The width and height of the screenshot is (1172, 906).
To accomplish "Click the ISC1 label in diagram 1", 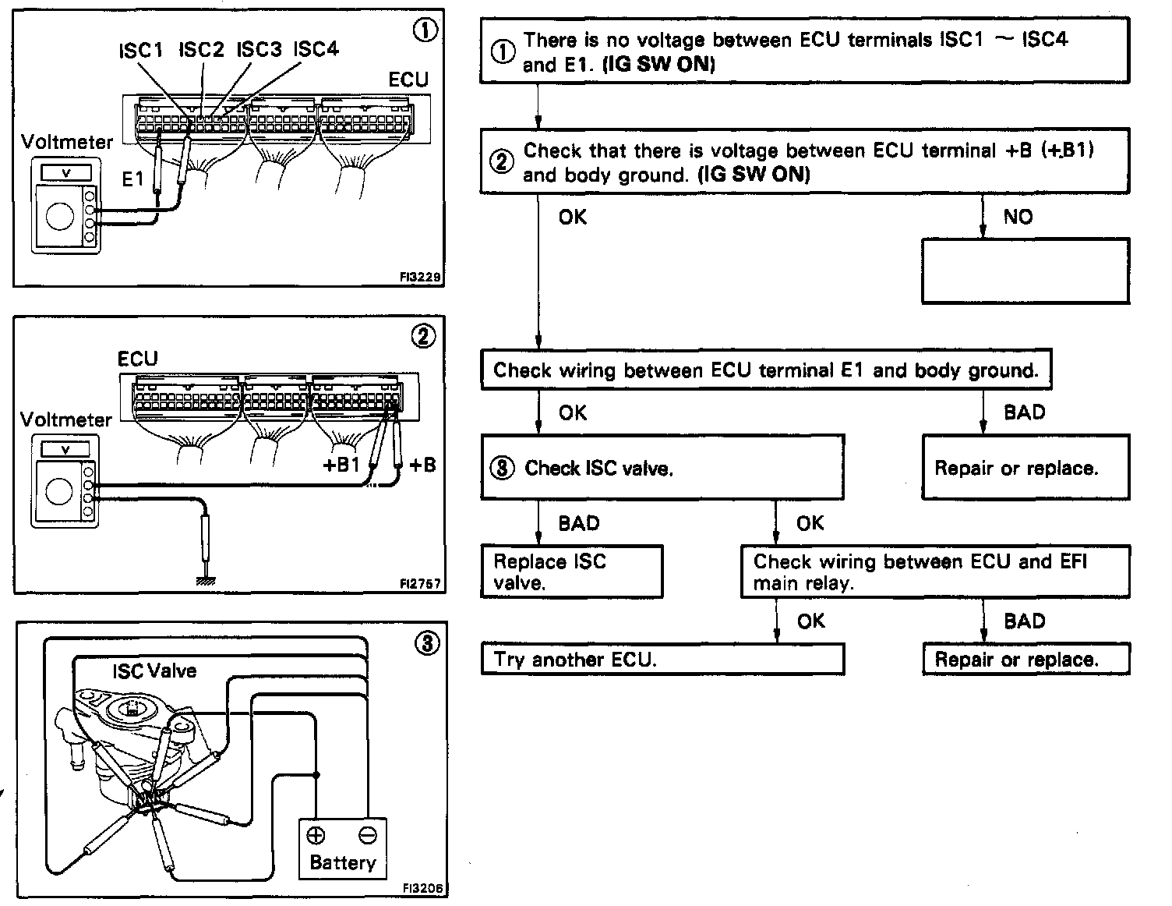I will tap(141, 51).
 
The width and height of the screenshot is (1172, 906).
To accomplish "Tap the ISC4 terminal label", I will tap(316, 49).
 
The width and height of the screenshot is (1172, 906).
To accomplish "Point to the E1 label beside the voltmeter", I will tap(133, 179).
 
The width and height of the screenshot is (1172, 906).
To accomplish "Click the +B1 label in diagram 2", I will tap(341, 465).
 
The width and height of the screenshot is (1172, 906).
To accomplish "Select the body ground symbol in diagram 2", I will tap(207, 580).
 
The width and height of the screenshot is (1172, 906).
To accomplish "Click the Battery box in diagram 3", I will tap(343, 848).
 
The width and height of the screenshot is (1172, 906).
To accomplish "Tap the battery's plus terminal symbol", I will tap(316, 836).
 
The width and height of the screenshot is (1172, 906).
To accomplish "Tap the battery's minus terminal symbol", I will tap(368, 836).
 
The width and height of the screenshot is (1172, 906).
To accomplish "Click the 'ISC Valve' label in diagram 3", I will tap(154, 671).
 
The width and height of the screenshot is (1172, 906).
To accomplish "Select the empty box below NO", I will tap(1025, 271).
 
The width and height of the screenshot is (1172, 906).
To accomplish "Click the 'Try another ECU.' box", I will tap(662, 660).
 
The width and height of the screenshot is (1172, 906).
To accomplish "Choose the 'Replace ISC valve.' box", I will tap(572, 572).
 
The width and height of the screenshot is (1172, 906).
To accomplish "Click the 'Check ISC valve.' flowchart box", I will tap(662, 467).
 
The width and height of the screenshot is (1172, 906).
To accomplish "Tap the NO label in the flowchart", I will tap(1018, 217).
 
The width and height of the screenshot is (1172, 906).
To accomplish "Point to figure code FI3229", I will tap(422, 276).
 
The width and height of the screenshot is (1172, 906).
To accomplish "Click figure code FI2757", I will tap(422, 583).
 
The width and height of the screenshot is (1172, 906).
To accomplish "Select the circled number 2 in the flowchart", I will tap(502, 162).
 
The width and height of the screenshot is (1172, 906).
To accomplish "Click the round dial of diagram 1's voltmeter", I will tap(60, 216).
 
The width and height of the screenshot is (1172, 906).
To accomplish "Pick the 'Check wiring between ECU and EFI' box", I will tap(935, 572).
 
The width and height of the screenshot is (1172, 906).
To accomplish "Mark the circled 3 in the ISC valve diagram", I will tap(427, 644).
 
